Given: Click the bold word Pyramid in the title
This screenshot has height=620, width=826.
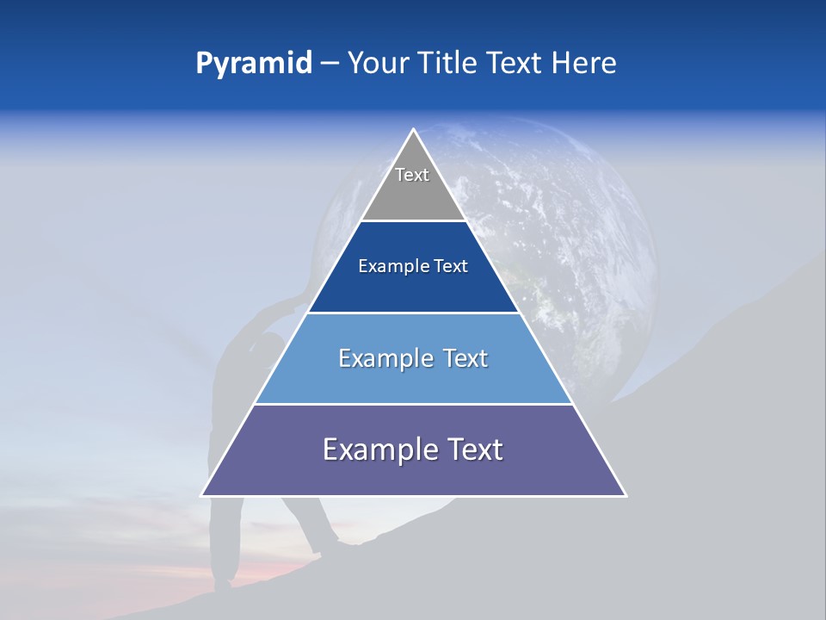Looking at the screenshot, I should click(253, 64).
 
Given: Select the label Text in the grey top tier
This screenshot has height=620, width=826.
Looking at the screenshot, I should click(412, 175).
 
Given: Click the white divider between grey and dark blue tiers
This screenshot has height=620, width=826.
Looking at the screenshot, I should click(414, 221).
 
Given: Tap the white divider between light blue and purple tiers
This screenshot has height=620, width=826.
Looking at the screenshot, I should click(414, 404).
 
